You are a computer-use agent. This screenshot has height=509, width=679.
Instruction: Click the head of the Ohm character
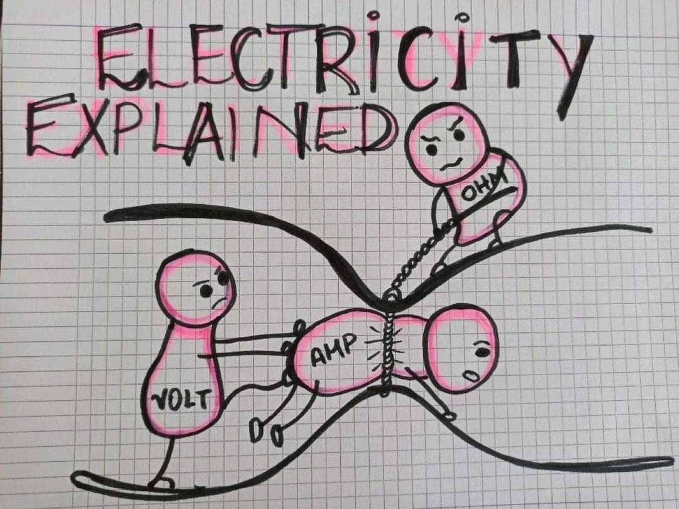[x=447, y=143]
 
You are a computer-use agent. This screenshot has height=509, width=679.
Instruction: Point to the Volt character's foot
[x=162, y=483]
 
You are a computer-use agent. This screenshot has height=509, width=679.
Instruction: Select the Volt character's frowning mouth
[x=218, y=302]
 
